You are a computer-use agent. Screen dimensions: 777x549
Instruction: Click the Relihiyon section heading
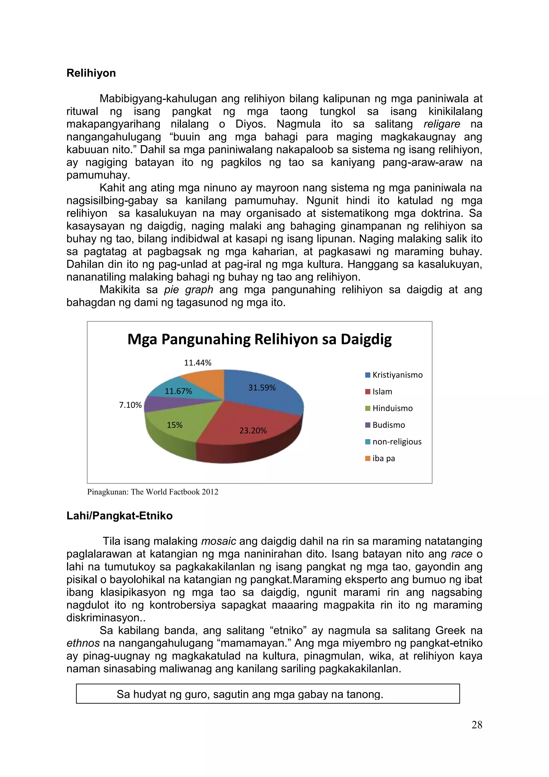pos(91,73)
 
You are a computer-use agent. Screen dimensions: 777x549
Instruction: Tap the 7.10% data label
pos(130,405)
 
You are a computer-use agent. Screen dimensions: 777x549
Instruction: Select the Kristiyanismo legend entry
pos(394,375)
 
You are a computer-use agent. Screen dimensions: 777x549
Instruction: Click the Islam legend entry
pos(379,392)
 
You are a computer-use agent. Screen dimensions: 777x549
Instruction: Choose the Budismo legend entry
pos(385,425)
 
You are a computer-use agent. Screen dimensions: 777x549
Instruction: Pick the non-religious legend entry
pos(394,442)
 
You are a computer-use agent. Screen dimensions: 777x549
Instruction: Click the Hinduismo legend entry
pos(390,408)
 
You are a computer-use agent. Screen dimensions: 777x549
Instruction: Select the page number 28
pos(477,725)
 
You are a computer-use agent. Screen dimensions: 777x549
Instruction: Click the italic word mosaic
pos(218,541)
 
